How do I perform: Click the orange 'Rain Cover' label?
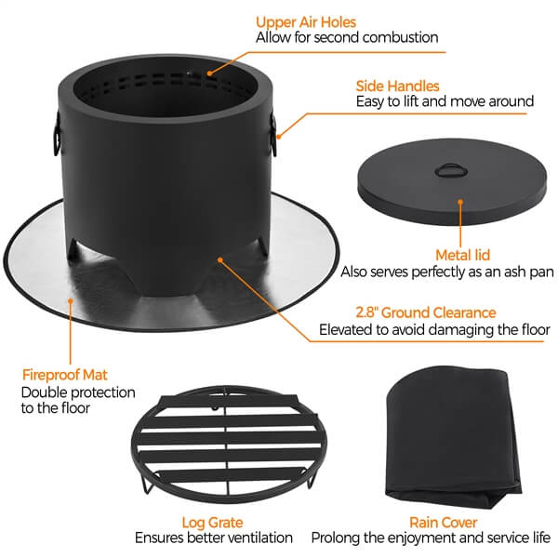(x=444, y=523)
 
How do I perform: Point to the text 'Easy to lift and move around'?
(x=445, y=101)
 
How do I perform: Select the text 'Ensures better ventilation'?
(x=214, y=538)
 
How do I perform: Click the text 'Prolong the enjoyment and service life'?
(x=431, y=538)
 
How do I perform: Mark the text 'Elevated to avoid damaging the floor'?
(x=434, y=329)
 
